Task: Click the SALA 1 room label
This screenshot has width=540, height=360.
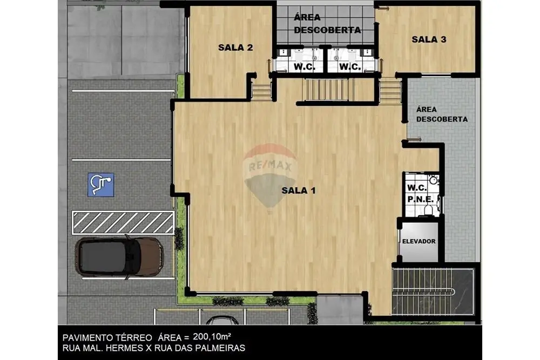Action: click(298, 191)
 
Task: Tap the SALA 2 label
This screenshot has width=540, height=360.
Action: click(235, 47)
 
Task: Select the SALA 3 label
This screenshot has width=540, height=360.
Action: click(429, 39)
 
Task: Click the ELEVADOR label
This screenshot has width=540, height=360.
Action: click(419, 241)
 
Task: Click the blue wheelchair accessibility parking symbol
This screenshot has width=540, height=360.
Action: click(100, 185)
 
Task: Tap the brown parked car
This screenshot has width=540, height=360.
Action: click(119, 257)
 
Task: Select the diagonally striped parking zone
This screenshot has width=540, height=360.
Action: click(123, 223)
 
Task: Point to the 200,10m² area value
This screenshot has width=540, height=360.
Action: click(212, 336)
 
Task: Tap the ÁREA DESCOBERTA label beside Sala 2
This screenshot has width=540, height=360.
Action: click(327, 23)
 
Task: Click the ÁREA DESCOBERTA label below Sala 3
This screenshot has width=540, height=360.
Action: click(442, 114)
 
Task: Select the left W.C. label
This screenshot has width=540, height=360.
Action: click(304, 67)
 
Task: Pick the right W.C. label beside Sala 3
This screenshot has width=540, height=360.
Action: click(349, 67)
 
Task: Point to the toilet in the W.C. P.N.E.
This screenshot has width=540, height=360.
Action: click(428, 209)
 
